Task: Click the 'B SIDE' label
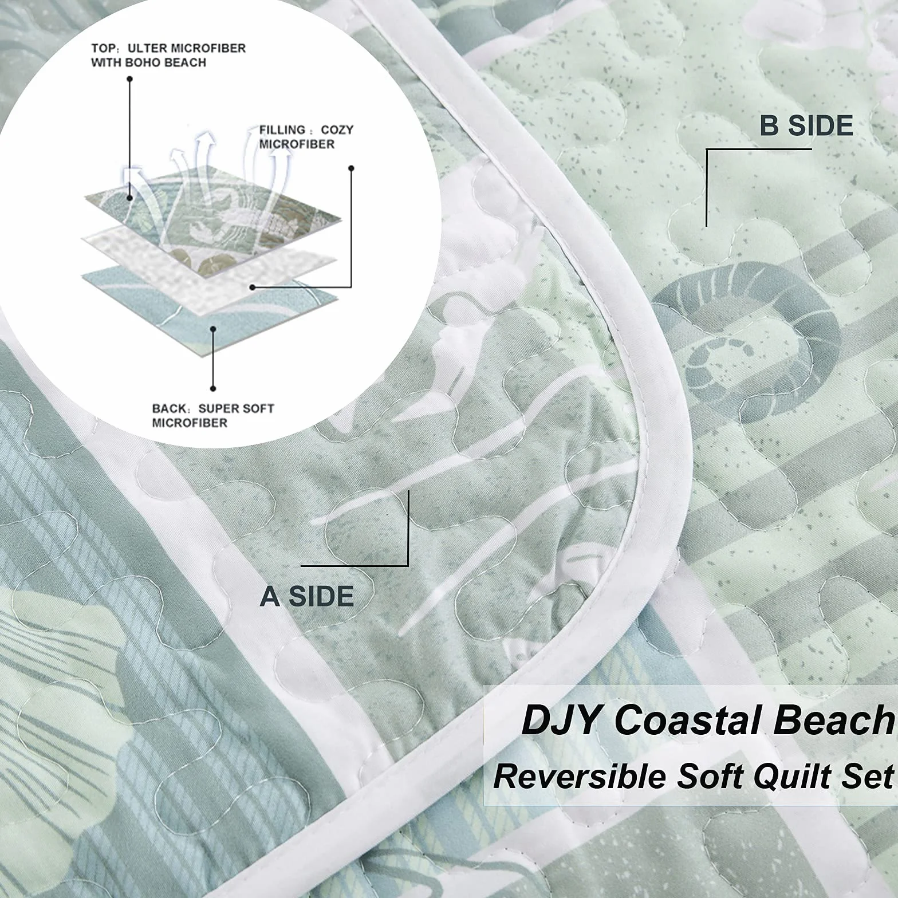click(806, 126)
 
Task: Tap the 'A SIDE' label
click(307, 597)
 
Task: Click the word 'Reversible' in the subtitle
click(580, 777)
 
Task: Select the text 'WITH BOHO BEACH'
click(148, 62)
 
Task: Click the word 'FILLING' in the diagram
click(282, 130)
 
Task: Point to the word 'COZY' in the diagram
click(337, 130)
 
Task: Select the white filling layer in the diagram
click(209, 266)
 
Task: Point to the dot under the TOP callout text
click(130, 78)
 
